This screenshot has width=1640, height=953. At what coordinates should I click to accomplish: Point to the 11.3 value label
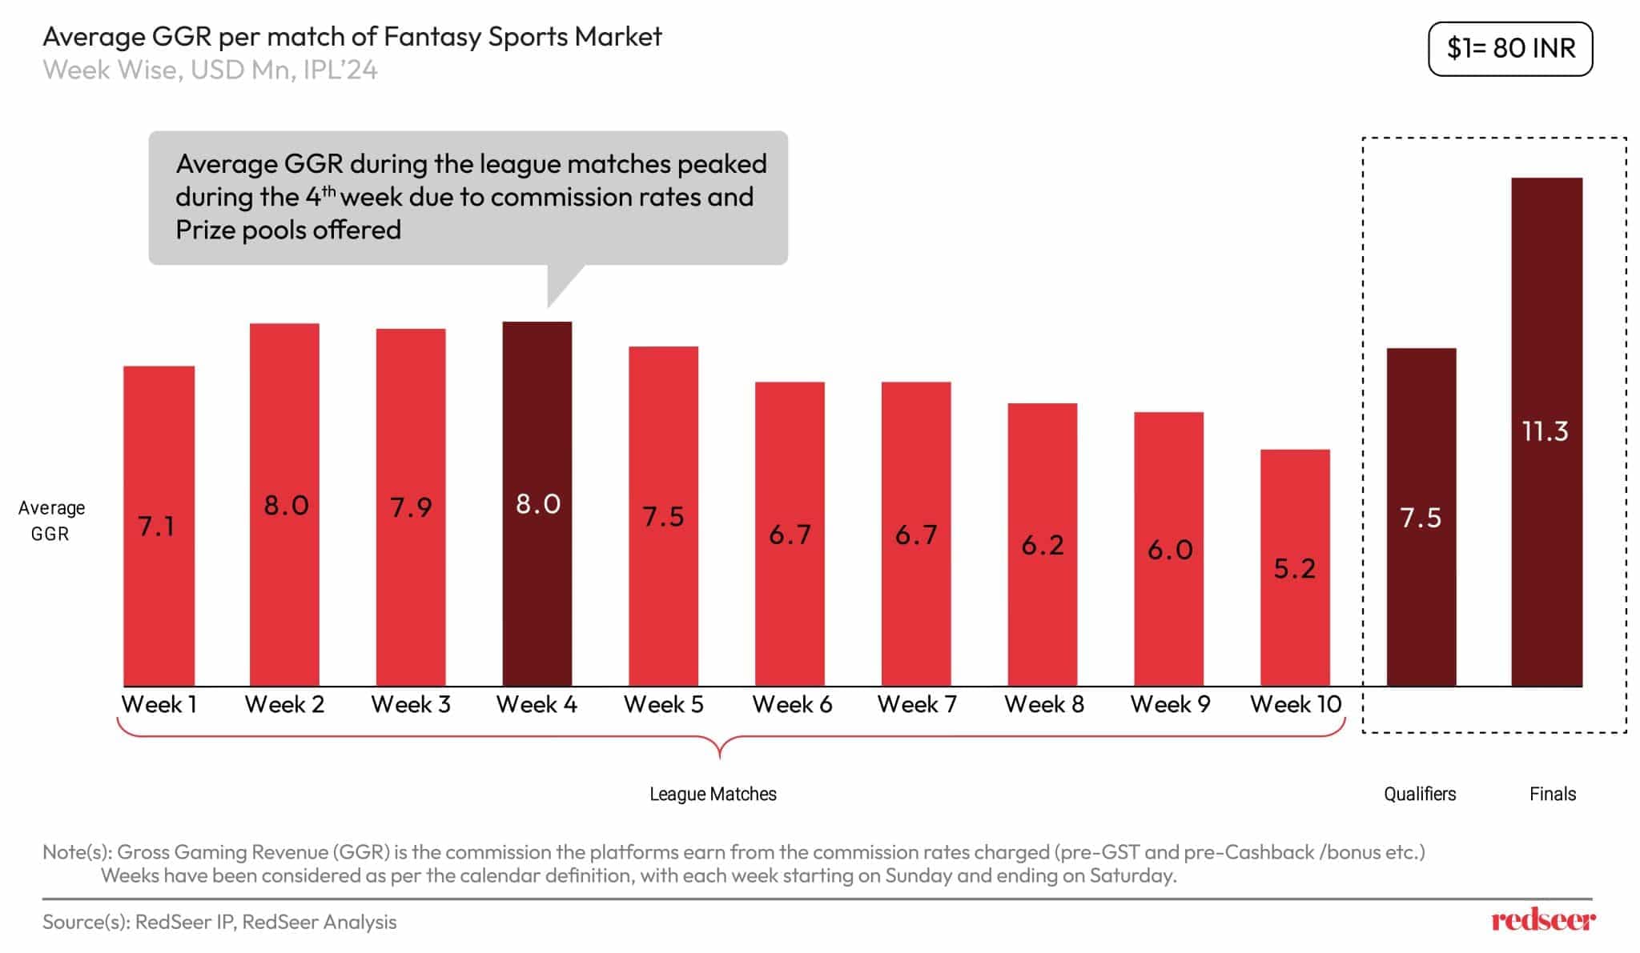point(1545,431)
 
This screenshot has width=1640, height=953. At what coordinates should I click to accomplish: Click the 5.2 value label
point(1295,568)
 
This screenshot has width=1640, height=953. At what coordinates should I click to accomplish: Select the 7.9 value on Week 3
point(411,507)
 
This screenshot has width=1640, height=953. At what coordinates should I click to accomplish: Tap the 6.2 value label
point(1043,545)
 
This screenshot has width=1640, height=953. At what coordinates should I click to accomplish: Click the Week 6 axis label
point(792,704)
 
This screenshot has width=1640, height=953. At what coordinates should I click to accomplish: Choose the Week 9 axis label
point(1170,704)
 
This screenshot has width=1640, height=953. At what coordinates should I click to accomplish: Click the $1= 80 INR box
point(1510,49)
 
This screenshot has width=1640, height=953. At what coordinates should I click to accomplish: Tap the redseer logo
point(1542,920)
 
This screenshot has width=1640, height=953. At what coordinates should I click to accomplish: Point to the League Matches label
point(713,794)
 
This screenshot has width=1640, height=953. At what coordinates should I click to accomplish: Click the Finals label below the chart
point(1552,794)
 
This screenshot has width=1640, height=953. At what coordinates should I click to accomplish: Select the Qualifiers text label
point(1420,794)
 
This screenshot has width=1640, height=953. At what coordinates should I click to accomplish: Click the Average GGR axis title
point(51,520)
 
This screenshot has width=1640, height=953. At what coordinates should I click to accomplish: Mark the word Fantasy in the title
point(432,36)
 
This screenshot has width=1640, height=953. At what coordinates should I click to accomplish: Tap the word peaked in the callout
point(722,163)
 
